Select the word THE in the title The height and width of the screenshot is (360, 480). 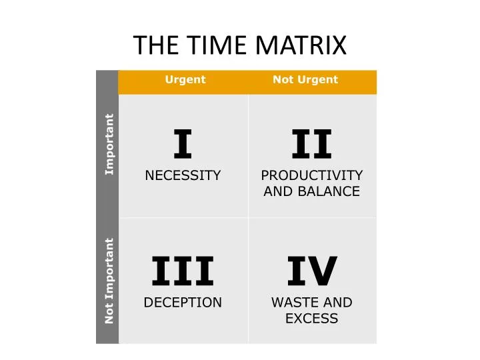[x=155, y=45]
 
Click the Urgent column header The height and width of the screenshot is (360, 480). [x=185, y=80]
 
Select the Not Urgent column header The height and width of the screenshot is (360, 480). [x=305, y=80]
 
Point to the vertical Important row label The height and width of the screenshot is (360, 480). [x=109, y=145]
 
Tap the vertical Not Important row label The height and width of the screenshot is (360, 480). [x=109, y=281]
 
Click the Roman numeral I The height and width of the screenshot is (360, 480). [x=183, y=145]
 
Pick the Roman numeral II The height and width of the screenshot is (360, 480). [x=311, y=145]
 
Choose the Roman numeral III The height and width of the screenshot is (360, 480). [x=183, y=271]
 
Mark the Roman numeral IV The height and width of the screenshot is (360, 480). [x=311, y=271]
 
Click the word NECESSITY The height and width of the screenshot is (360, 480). [x=183, y=176]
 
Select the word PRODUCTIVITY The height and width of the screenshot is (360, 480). [x=311, y=176]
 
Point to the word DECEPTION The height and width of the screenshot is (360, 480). [x=183, y=303]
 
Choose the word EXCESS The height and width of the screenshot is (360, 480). [x=311, y=319]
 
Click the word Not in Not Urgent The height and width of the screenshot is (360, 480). [x=282, y=80]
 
